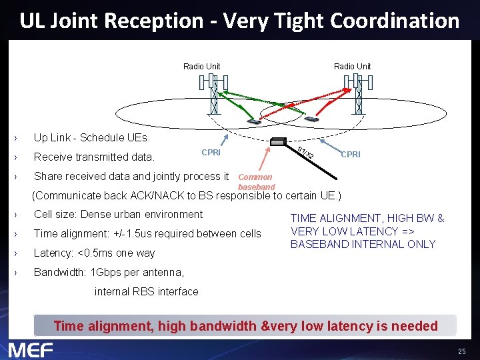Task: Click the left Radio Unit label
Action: tap(201, 66)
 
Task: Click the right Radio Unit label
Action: tap(352, 66)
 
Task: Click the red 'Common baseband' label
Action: tap(255, 182)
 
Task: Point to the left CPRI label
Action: tap(211, 153)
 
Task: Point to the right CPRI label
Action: tap(351, 155)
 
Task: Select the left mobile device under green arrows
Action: tap(254, 121)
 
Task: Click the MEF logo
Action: tap(31, 349)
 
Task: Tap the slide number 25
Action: tap(461, 351)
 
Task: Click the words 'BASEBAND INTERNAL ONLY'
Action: tap(363, 244)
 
